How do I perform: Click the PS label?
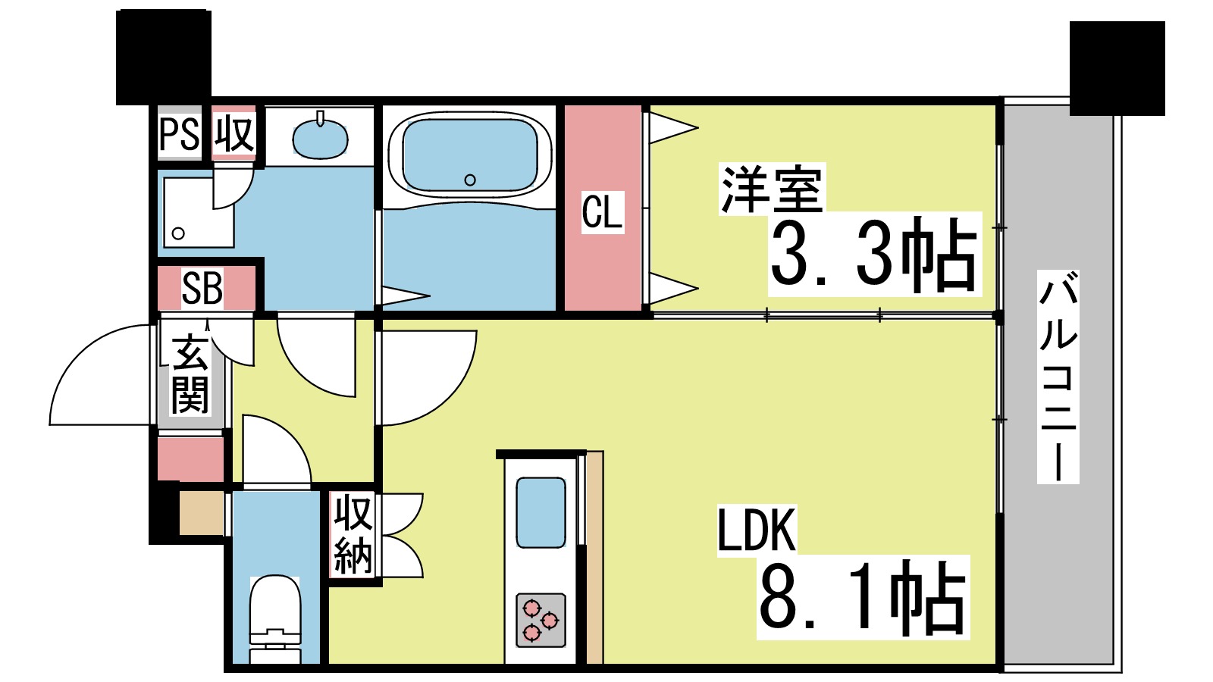click(x=180, y=135)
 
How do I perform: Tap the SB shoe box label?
click(x=202, y=289)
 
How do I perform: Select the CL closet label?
click(x=603, y=211)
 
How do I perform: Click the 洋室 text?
click(x=772, y=190)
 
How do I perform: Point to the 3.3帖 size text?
click(x=874, y=255)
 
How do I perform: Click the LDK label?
click(x=757, y=530)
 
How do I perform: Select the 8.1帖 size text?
click(x=863, y=597)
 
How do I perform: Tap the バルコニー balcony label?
click(x=1058, y=377)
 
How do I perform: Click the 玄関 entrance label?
click(x=190, y=375)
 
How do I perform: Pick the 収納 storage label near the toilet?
click(x=353, y=534)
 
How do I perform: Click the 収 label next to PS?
click(x=234, y=134)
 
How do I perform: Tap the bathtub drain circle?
click(x=470, y=180)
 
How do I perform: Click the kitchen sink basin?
click(x=541, y=512)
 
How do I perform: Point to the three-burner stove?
click(x=541, y=619)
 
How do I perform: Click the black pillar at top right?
click(x=1117, y=68)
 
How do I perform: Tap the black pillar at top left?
click(x=163, y=57)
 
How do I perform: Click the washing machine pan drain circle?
click(x=179, y=233)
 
